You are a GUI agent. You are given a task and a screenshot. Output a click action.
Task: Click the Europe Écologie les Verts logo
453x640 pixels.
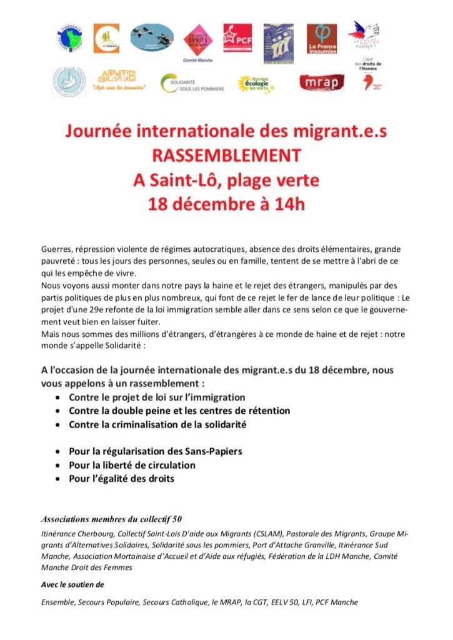256,82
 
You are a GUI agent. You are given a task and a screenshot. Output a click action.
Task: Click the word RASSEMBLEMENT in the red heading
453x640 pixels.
227,157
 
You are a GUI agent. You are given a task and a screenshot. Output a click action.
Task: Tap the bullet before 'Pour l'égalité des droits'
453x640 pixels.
58,479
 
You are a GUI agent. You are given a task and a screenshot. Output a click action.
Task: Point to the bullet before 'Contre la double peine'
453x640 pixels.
58,411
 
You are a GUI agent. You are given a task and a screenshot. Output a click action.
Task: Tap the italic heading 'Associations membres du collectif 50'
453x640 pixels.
111,519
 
